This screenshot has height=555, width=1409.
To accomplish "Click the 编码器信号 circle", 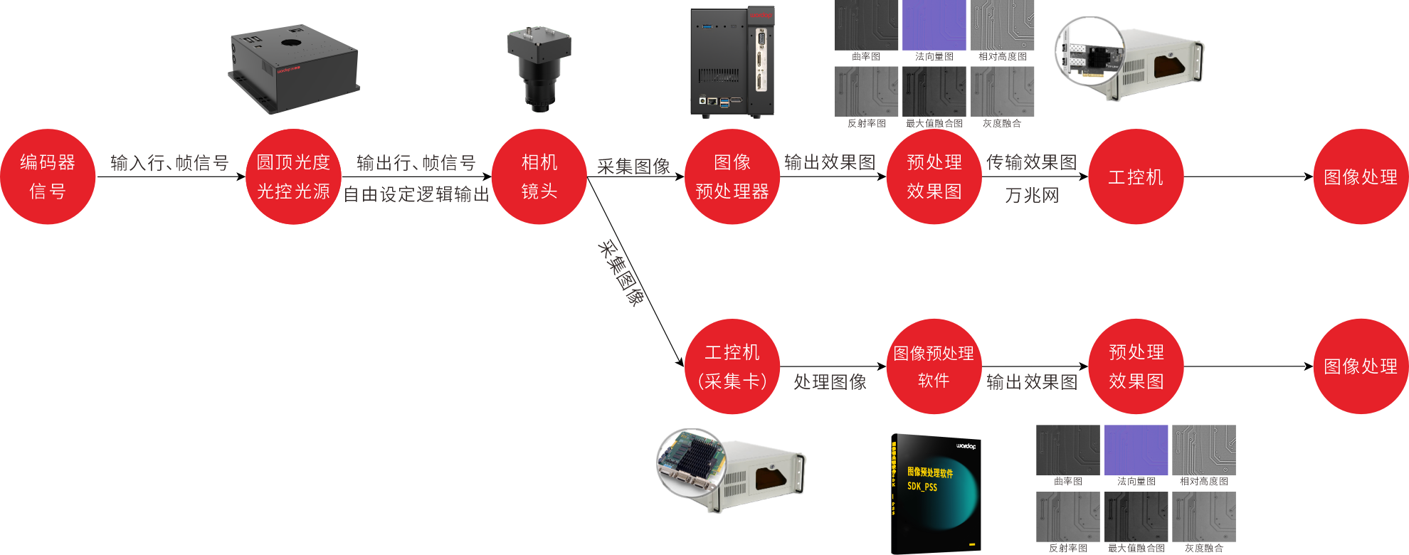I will tap(48, 176).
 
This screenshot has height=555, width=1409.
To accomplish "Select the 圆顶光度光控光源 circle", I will tap(293, 176).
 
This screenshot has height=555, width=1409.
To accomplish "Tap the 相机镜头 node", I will tap(539, 176).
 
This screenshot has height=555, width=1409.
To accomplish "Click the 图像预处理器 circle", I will tap(732, 176).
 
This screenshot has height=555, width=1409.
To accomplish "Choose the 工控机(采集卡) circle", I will tap(732, 366).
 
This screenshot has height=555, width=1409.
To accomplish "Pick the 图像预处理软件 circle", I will tap(934, 366).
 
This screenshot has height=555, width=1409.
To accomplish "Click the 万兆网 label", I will tap(1032, 196).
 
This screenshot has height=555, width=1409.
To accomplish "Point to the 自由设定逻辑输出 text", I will tap(416, 194).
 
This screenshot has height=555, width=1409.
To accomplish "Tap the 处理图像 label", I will tap(830, 382).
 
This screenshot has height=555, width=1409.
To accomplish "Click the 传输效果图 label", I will tap(1031, 162).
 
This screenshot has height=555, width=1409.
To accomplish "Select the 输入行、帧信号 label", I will tap(169, 163).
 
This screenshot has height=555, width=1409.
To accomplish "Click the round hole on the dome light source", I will tap(290, 43).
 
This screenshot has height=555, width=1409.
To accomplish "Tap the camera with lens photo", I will tap(539, 69).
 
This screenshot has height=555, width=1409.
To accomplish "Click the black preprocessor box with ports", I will tap(732, 62).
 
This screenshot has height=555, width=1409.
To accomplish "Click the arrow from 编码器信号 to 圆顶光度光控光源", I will tap(171, 176).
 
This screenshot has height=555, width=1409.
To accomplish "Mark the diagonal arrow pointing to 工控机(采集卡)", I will tap(635, 273).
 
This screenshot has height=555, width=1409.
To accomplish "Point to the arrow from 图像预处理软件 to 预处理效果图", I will tap(1035, 366).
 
